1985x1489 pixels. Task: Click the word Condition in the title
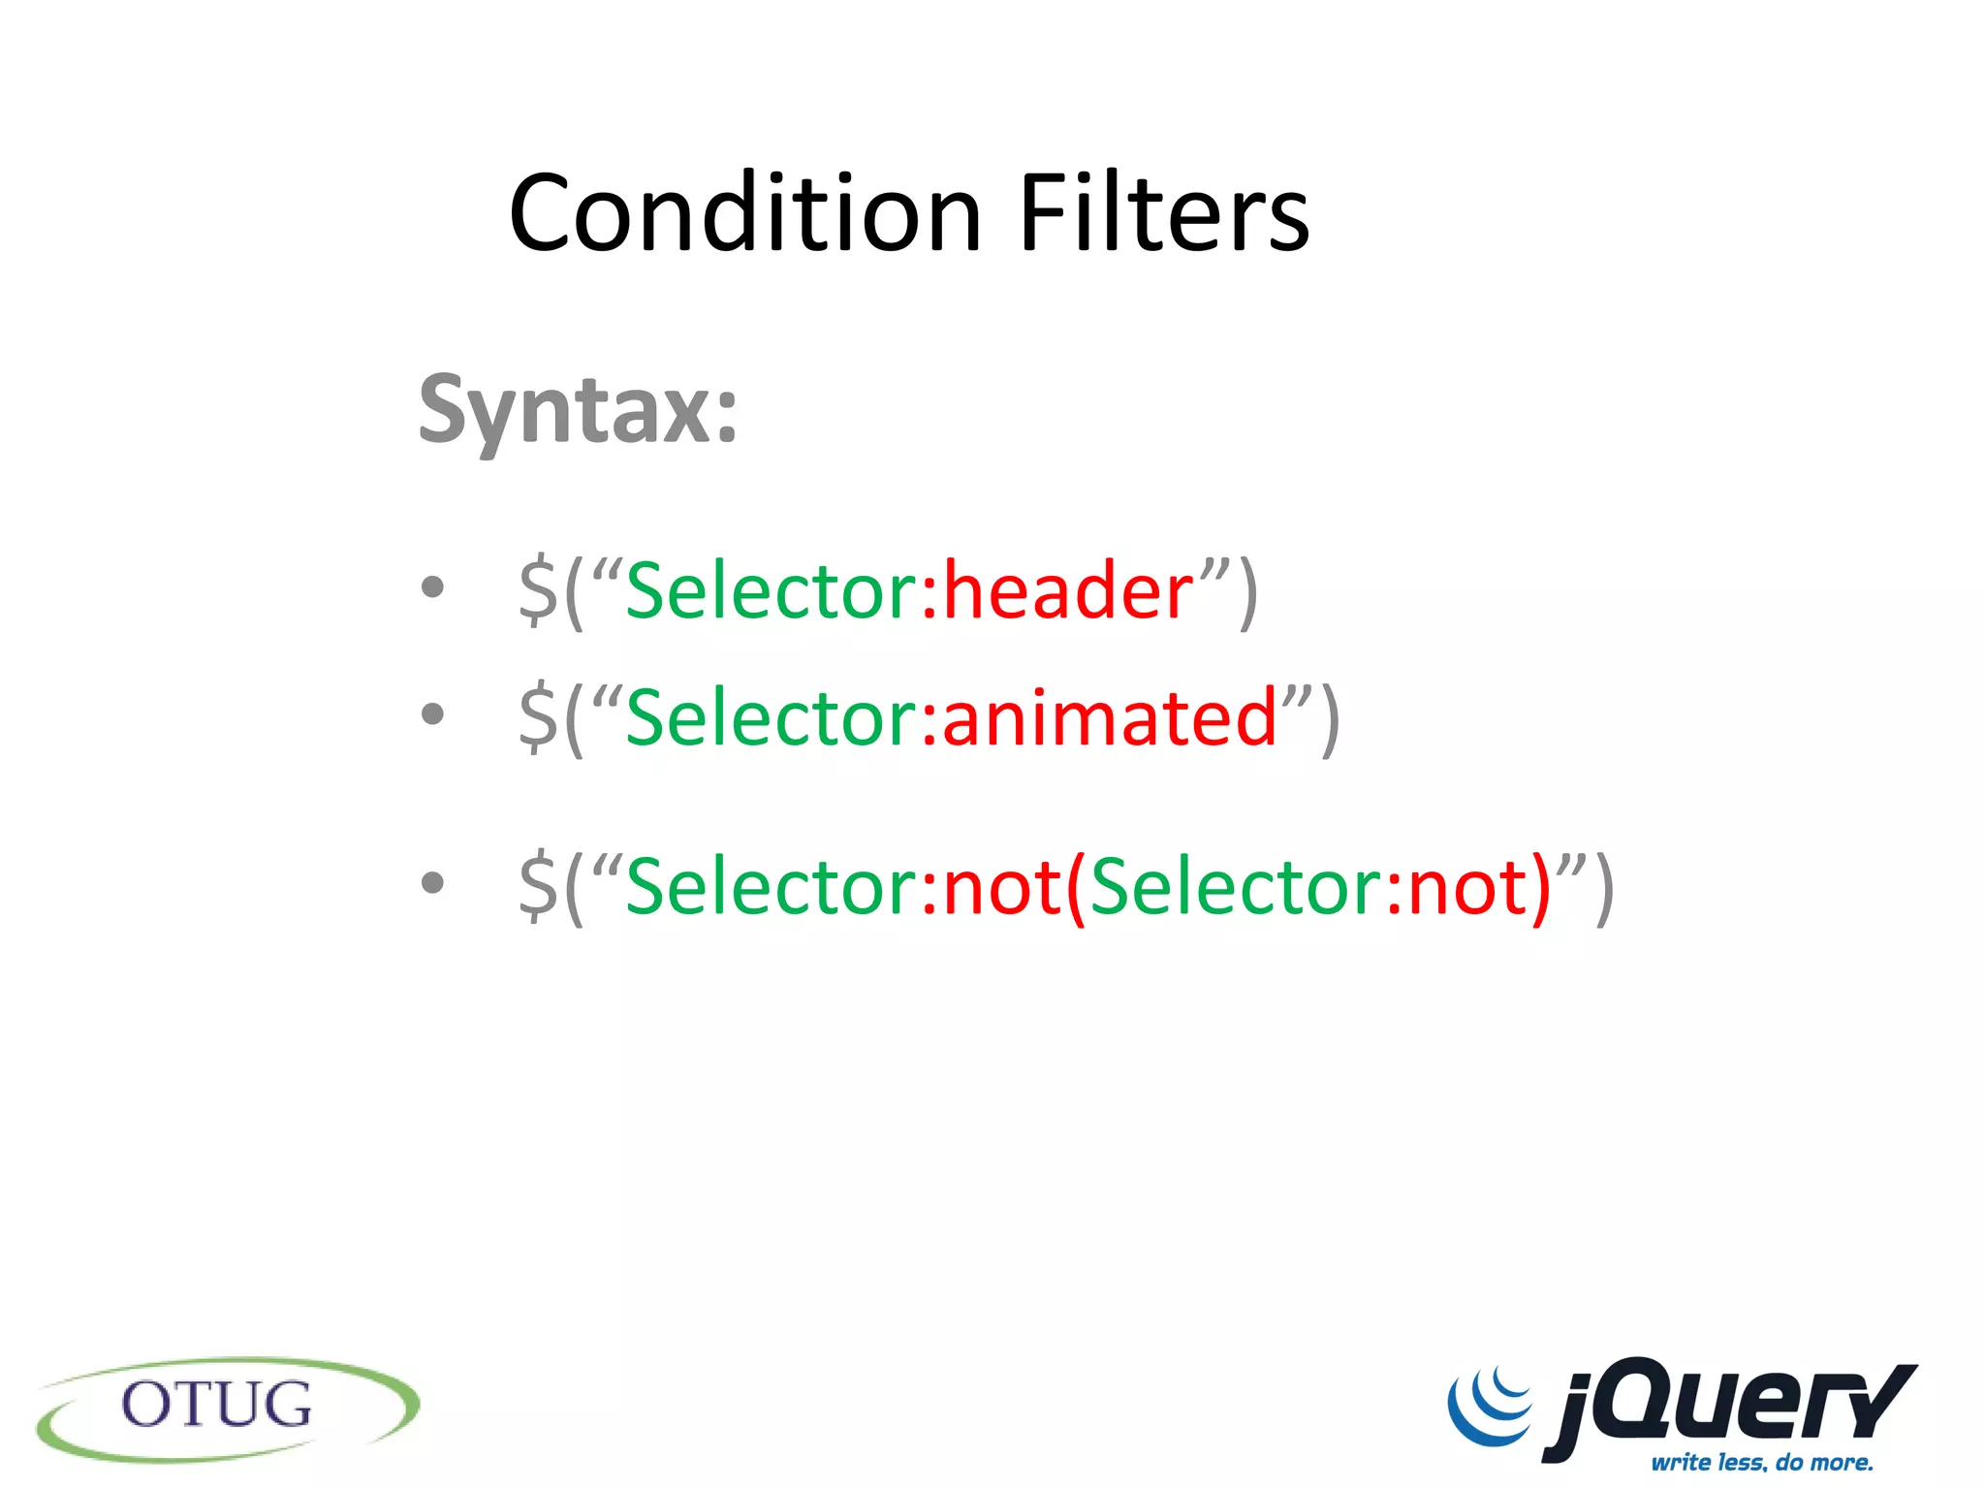[x=744, y=213]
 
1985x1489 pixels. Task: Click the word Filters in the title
[x=1163, y=213]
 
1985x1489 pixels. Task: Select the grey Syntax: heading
[x=578, y=411]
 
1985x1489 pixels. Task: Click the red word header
[x=1068, y=591]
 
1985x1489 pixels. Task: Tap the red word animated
[x=1110, y=718]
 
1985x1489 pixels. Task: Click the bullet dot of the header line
[x=432, y=586]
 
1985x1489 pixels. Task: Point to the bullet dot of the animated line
[x=432, y=714]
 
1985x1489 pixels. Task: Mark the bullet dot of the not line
[x=432, y=882]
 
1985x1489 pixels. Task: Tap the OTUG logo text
[x=217, y=1406]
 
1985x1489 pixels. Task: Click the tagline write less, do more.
[x=1762, y=1462]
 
